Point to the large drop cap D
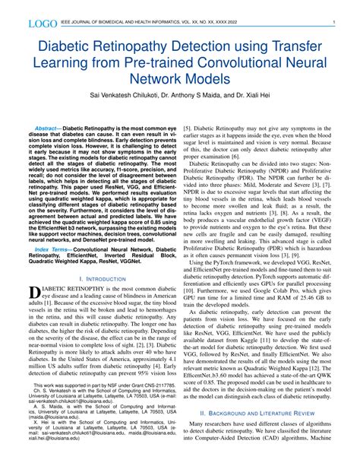(33, 293)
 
